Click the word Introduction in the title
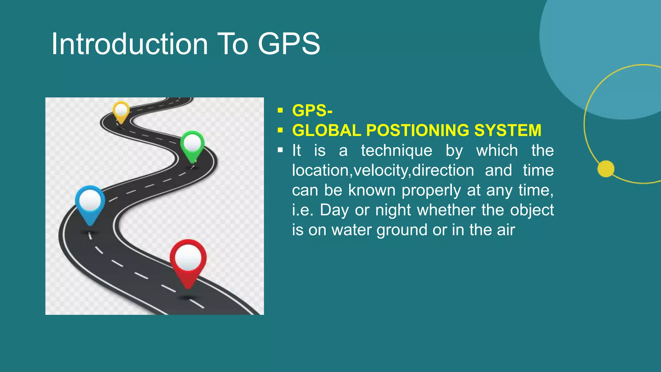pos(129,44)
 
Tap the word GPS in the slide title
pos(289,44)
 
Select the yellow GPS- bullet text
pos(312,111)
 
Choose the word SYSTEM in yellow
pos(508,130)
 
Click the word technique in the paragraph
pos(397,151)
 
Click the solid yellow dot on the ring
pos(606,169)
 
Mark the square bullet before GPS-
pos(280,111)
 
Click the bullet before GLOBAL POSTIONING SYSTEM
pos(280,130)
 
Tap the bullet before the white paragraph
pos(280,150)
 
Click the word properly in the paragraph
pos(431,191)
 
